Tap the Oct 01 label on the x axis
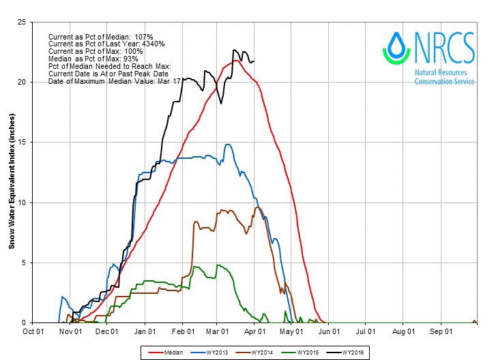click(x=33, y=332)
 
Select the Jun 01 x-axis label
click(x=330, y=332)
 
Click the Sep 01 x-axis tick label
click(x=441, y=332)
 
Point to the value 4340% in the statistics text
click(x=152, y=44)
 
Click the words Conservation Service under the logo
click(x=443, y=82)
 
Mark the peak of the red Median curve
click(x=235, y=61)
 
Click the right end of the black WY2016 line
click(x=254, y=62)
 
